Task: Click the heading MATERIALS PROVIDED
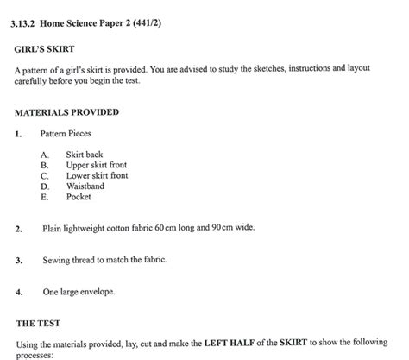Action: [x=67, y=112]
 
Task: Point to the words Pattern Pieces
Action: [x=66, y=134]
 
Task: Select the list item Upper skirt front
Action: [x=97, y=165]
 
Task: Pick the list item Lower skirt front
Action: [x=98, y=175]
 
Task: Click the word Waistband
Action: [x=85, y=186]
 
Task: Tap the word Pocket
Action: [x=79, y=197]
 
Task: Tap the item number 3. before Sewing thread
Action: [x=18, y=260]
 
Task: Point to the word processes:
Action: [x=35, y=354]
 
